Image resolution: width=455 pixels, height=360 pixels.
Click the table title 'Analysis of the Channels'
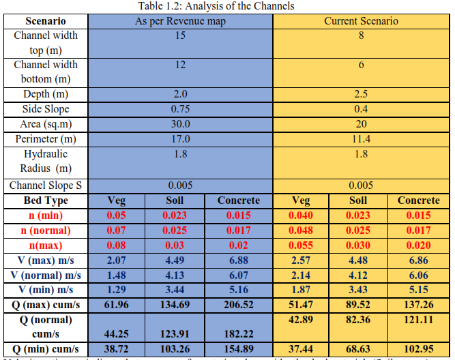pos(226,6)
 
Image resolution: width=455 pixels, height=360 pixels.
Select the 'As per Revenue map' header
pos(180,21)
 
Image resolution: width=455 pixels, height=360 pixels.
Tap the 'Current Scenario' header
pos(361,21)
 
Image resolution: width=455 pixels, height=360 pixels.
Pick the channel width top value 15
pos(180,35)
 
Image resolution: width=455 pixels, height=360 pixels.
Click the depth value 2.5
pos(361,94)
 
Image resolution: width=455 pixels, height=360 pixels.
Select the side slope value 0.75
pos(180,109)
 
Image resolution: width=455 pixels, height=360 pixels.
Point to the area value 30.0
pos(180,124)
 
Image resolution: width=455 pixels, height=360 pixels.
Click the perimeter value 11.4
pos(361,139)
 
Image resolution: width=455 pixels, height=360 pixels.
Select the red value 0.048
pos(301,230)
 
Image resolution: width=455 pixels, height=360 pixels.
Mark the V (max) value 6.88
pos(239,260)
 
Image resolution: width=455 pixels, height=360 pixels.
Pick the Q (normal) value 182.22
pos(239,334)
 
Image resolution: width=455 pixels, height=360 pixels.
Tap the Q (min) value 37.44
pos(301,349)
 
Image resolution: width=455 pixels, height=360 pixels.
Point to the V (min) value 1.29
pos(117,290)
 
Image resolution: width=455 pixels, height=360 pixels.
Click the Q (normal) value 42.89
pos(301,319)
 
